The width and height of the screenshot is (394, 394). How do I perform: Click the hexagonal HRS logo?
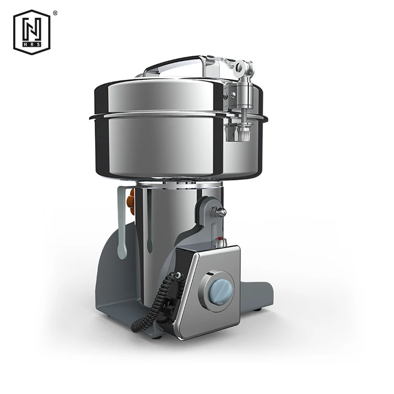click(32, 32)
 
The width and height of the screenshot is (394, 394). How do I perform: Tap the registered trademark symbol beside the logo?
click(55, 13)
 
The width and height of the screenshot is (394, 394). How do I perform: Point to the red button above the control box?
click(220, 238)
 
